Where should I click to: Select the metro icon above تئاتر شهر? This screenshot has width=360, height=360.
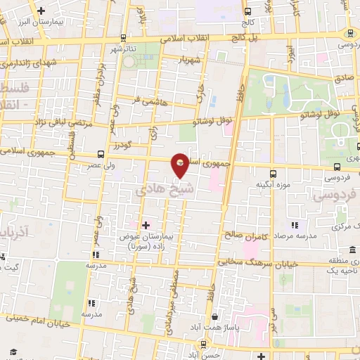[x=124, y=38]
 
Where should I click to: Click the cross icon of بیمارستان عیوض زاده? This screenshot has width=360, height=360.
[x=146, y=225]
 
